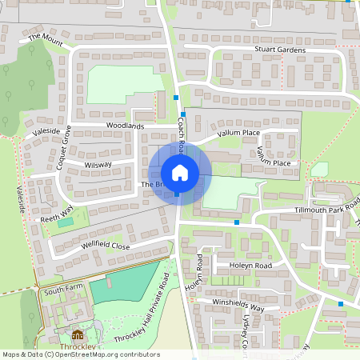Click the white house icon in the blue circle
179,173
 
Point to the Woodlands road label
125,126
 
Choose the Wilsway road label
98,164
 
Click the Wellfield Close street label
105,246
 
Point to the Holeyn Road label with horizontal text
250,265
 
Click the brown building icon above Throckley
78,334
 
